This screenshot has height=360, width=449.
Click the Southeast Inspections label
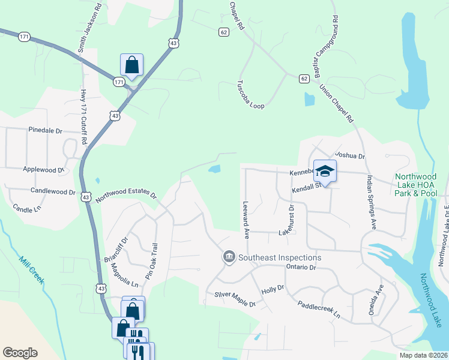tap(280, 257)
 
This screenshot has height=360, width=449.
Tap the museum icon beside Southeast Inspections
tap(229, 257)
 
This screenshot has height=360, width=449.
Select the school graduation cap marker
tap(325, 171)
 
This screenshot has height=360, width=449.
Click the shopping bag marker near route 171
tap(131, 65)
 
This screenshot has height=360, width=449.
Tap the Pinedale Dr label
tap(45, 130)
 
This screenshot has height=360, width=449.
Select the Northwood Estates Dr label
tap(127, 196)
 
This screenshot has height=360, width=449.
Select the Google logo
tap(20, 353)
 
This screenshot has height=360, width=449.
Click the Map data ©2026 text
tap(423, 355)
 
